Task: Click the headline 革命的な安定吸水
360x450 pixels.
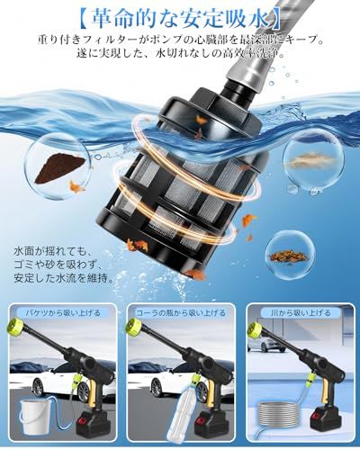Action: coord(179,15)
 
